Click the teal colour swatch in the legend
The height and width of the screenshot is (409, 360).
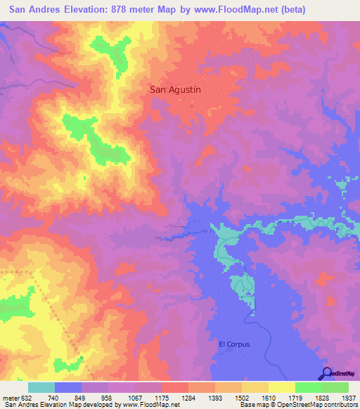click(41, 387)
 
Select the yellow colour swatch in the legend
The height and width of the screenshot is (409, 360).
click(282, 387)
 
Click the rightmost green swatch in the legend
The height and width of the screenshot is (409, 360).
click(335, 387)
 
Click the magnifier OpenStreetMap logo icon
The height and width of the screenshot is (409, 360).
click(326, 372)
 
